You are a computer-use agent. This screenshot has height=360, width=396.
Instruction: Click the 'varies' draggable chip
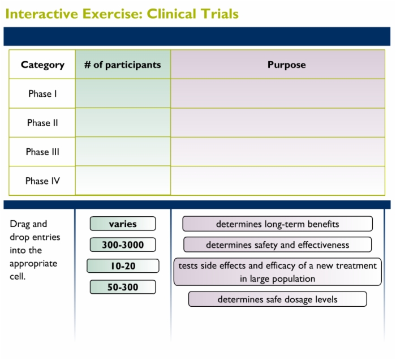click(x=123, y=224)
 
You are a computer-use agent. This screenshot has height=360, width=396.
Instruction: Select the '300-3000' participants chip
click(x=123, y=245)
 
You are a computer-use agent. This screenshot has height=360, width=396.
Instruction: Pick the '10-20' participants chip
click(x=123, y=266)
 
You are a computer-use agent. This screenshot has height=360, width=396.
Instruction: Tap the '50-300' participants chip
click(x=123, y=287)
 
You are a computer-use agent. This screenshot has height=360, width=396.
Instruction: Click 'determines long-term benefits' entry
click(x=278, y=224)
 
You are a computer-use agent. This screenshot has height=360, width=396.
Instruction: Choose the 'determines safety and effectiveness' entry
click(x=278, y=245)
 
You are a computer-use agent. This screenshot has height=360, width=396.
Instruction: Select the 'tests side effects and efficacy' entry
click(x=278, y=272)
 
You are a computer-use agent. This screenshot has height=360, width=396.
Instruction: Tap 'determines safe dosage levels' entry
click(x=278, y=299)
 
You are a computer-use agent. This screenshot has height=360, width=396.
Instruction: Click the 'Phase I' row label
click(x=42, y=94)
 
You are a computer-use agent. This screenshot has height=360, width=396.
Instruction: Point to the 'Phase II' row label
click(x=42, y=123)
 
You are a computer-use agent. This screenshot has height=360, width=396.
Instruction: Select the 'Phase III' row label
click(x=42, y=152)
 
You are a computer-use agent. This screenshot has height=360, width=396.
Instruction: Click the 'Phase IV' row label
click(x=42, y=181)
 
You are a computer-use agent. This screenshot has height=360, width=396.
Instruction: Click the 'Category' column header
click(x=42, y=65)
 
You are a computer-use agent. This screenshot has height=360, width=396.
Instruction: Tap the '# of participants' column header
click(x=123, y=65)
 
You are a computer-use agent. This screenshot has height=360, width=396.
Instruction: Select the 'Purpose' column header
click(x=287, y=65)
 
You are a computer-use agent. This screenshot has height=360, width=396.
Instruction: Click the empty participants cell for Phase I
click(x=123, y=93)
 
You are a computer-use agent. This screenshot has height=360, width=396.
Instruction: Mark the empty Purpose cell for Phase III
click(x=278, y=152)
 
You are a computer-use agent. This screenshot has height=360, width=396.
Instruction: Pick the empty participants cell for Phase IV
click(x=123, y=181)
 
